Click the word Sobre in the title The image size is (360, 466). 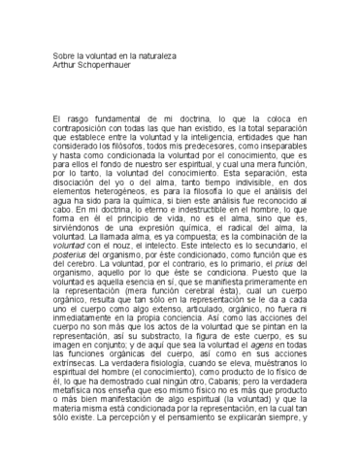(x=65, y=57)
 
